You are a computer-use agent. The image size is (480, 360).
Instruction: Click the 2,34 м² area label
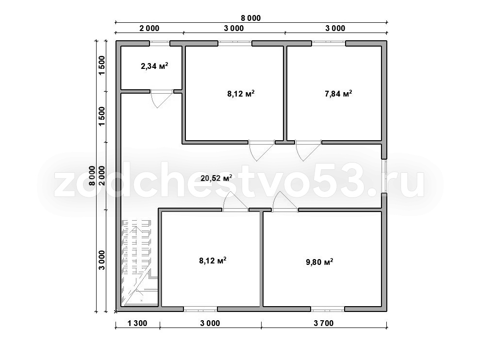point(154,66)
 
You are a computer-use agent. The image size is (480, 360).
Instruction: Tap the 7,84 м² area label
point(338,93)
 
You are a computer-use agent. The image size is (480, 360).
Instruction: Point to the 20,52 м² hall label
point(216,178)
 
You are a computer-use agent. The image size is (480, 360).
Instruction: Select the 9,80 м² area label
point(319,262)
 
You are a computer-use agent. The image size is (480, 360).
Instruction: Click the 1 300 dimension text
point(137,323)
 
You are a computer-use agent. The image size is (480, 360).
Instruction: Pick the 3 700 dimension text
point(324,323)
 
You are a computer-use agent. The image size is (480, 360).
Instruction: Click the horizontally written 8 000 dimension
point(251,18)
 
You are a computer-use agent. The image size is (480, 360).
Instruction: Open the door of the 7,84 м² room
point(308,150)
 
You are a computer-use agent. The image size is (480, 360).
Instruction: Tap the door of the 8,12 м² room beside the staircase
point(235,202)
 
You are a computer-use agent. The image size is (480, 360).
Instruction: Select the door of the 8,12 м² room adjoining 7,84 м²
point(262,150)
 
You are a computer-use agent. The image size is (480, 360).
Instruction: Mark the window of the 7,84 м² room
point(329,44)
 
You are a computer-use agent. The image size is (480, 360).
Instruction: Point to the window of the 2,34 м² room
point(160,44)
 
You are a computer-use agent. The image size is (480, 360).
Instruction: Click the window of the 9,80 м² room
point(328,309)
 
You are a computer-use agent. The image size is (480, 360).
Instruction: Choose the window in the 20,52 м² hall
point(384,176)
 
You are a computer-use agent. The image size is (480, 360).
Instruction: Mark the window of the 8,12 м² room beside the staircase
point(200,309)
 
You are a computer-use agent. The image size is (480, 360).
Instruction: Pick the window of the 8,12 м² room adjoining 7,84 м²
point(235,44)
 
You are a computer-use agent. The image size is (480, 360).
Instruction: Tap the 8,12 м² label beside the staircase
point(213,261)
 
